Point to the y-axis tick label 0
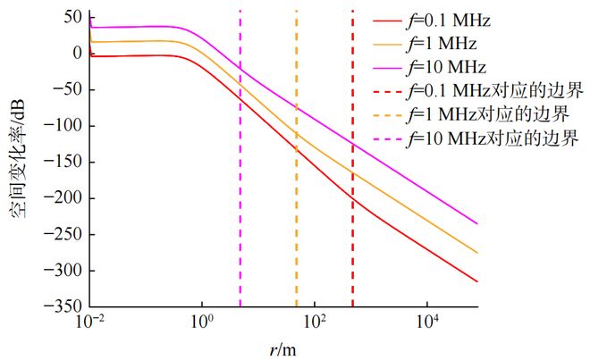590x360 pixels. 76,54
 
